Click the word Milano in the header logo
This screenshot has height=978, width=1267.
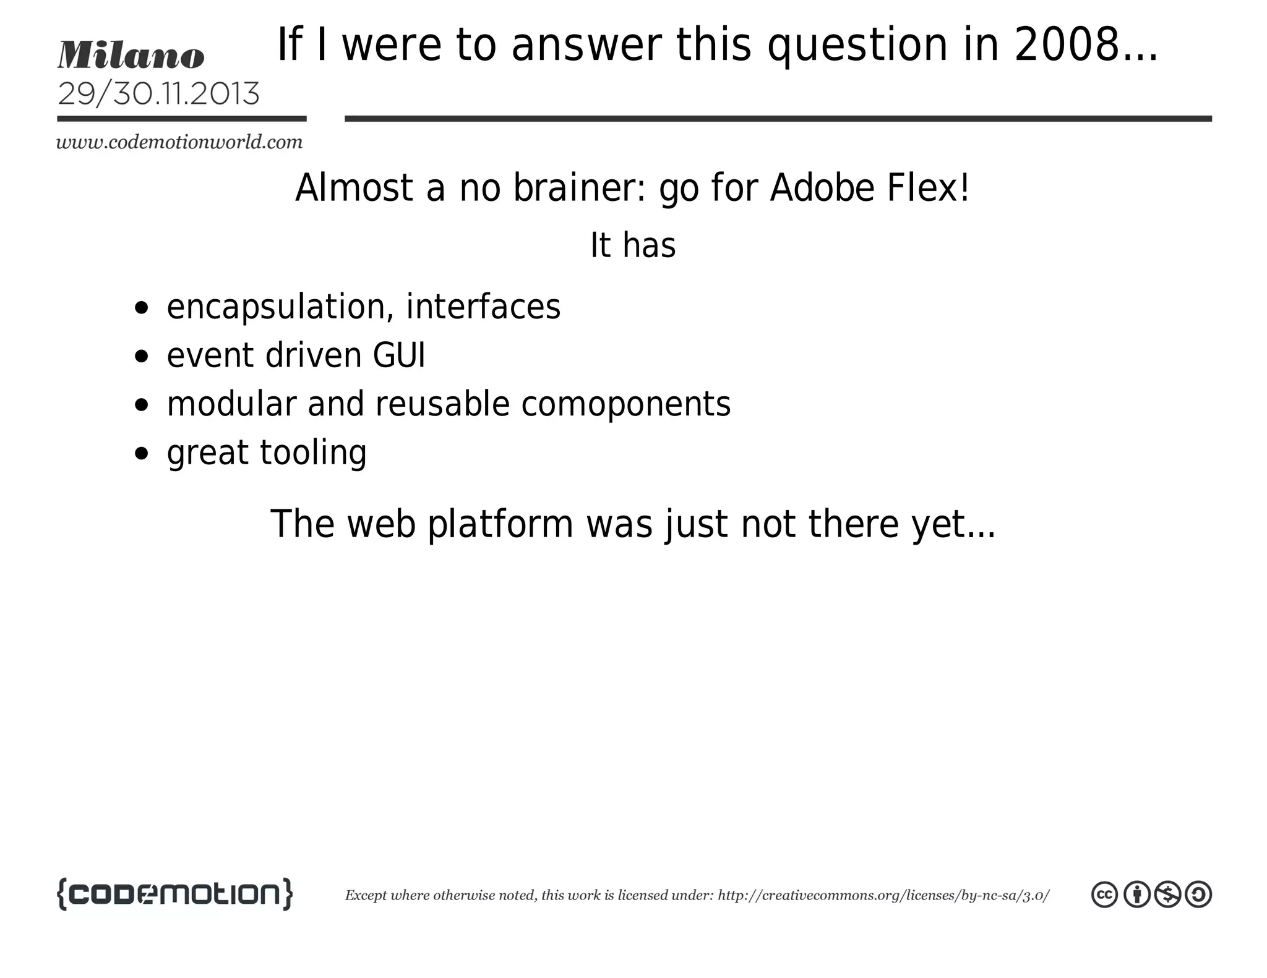click(131, 55)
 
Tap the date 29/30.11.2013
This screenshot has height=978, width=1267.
click(158, 94)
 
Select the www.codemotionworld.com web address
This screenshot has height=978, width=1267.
click(179, 142)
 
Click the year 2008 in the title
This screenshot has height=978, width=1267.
click(1067, 45)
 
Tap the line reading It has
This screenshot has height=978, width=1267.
click(632, 245)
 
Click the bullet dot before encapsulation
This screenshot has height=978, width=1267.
click(142, 307)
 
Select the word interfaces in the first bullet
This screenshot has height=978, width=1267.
click(483, 307)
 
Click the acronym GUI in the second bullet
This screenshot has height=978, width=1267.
click(399, 355)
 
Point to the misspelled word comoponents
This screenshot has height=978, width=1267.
click(625, 405)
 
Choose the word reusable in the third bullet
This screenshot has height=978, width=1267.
click(442, 404)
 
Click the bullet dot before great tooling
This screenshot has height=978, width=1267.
click(142, 453)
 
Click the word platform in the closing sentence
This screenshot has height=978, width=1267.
click(500, 524)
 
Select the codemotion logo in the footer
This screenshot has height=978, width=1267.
click(174, 894)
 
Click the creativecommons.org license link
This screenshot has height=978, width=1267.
click(883, 895)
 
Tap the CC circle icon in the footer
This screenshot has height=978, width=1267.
click(1104, 895)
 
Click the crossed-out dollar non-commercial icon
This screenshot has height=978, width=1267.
click(1167, 895)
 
